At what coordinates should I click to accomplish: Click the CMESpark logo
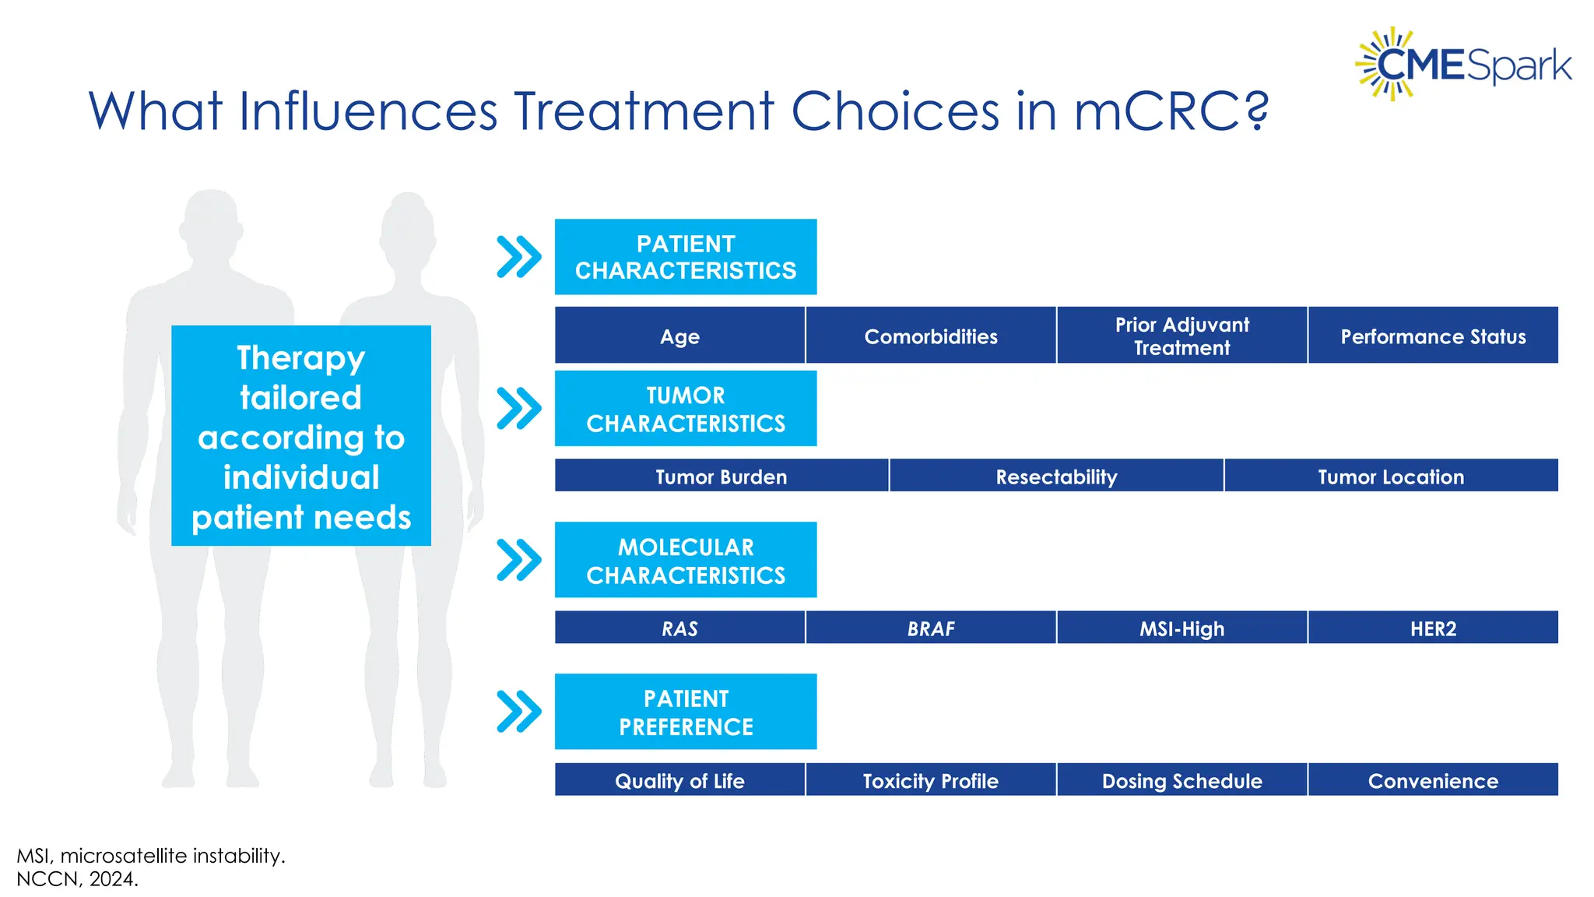pyautogui.click(x=1463, y=65)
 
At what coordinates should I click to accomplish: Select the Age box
pyautogui.click(x=679, y=336)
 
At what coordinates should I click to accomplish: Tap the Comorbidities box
pyautogui.click(x=931, y=336)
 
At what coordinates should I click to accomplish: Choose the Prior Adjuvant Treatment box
pyautogui.click(x=1181, y=336)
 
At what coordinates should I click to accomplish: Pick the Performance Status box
pyautogui.click(x=1433, y=336)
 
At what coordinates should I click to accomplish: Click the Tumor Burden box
pyautogui.click(x=722, y=476)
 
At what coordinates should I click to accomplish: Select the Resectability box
pyautogui.click(x=1056, y=476)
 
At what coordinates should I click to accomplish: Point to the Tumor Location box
pyautogui.click(x=1391, y=476)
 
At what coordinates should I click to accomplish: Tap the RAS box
pyautogui.click(x=679, y=628)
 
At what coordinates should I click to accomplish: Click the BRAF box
pyautogui.click(x=931, y=628)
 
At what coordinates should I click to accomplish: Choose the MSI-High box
pyautogui.click(x=1181, y=628)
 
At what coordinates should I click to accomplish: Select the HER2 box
pyautogui.click(x=1433, y=628)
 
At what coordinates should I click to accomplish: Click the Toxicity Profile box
pyautogui.click(x=931, y=779)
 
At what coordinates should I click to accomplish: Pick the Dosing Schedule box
pyautogui.click(x=1181, y=779)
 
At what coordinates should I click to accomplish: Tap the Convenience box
pyautogui.click(x=1433, y=779)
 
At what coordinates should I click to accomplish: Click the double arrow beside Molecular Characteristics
pyautogui.click(x=518, y=560)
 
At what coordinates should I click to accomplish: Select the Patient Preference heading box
pyautogui.click(x=686, y=712)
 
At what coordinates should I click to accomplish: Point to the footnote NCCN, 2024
pyautogui.click(x=77, y=879)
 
